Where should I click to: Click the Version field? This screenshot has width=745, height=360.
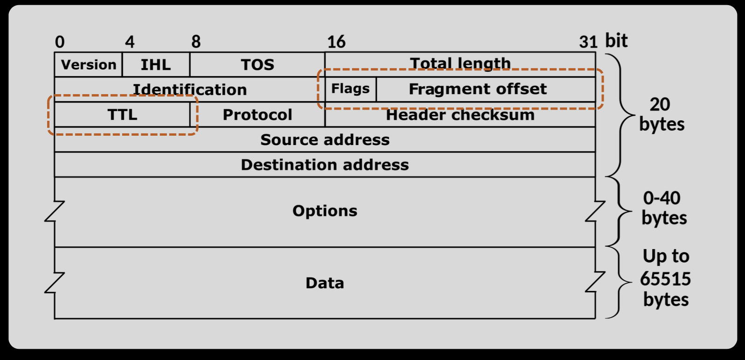89,64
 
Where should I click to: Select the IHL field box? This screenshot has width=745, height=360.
156,64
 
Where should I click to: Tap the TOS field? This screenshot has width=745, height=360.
257,64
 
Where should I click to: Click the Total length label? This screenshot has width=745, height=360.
460,63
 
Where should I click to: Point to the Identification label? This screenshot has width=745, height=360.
190,89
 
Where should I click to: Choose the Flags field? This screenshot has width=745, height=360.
350,89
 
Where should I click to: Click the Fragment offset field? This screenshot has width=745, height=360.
478,89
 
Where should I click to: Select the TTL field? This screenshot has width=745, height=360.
122,114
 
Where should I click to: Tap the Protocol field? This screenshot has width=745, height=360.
257,114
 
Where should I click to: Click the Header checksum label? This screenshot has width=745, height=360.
460,115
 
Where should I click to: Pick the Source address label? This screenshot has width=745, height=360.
325,139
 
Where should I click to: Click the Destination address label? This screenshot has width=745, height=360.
325,165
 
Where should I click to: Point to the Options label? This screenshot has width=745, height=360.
325,211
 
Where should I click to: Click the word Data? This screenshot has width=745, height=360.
325,283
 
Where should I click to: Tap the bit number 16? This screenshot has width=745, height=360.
336,42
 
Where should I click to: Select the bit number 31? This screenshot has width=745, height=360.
588,42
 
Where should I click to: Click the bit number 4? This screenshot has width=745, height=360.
130,42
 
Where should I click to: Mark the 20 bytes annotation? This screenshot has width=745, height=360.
662,114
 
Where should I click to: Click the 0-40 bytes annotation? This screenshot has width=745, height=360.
663,208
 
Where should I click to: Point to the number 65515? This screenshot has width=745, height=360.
665,279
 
